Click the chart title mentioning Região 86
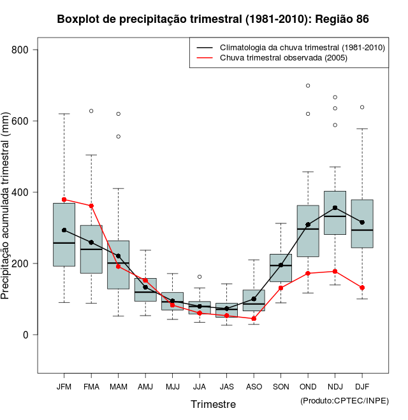213,19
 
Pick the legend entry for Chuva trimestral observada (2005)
280,58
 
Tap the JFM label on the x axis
64,387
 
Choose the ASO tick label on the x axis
254,387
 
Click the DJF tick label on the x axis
362,387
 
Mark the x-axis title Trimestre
213,404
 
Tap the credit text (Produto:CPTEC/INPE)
344,400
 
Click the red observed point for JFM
64,200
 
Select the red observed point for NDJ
335,271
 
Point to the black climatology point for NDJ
335,207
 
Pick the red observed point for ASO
254,319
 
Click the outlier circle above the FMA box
91,111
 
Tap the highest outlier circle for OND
308,85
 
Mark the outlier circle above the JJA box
200,277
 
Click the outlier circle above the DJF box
362,107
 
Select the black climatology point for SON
280,265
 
